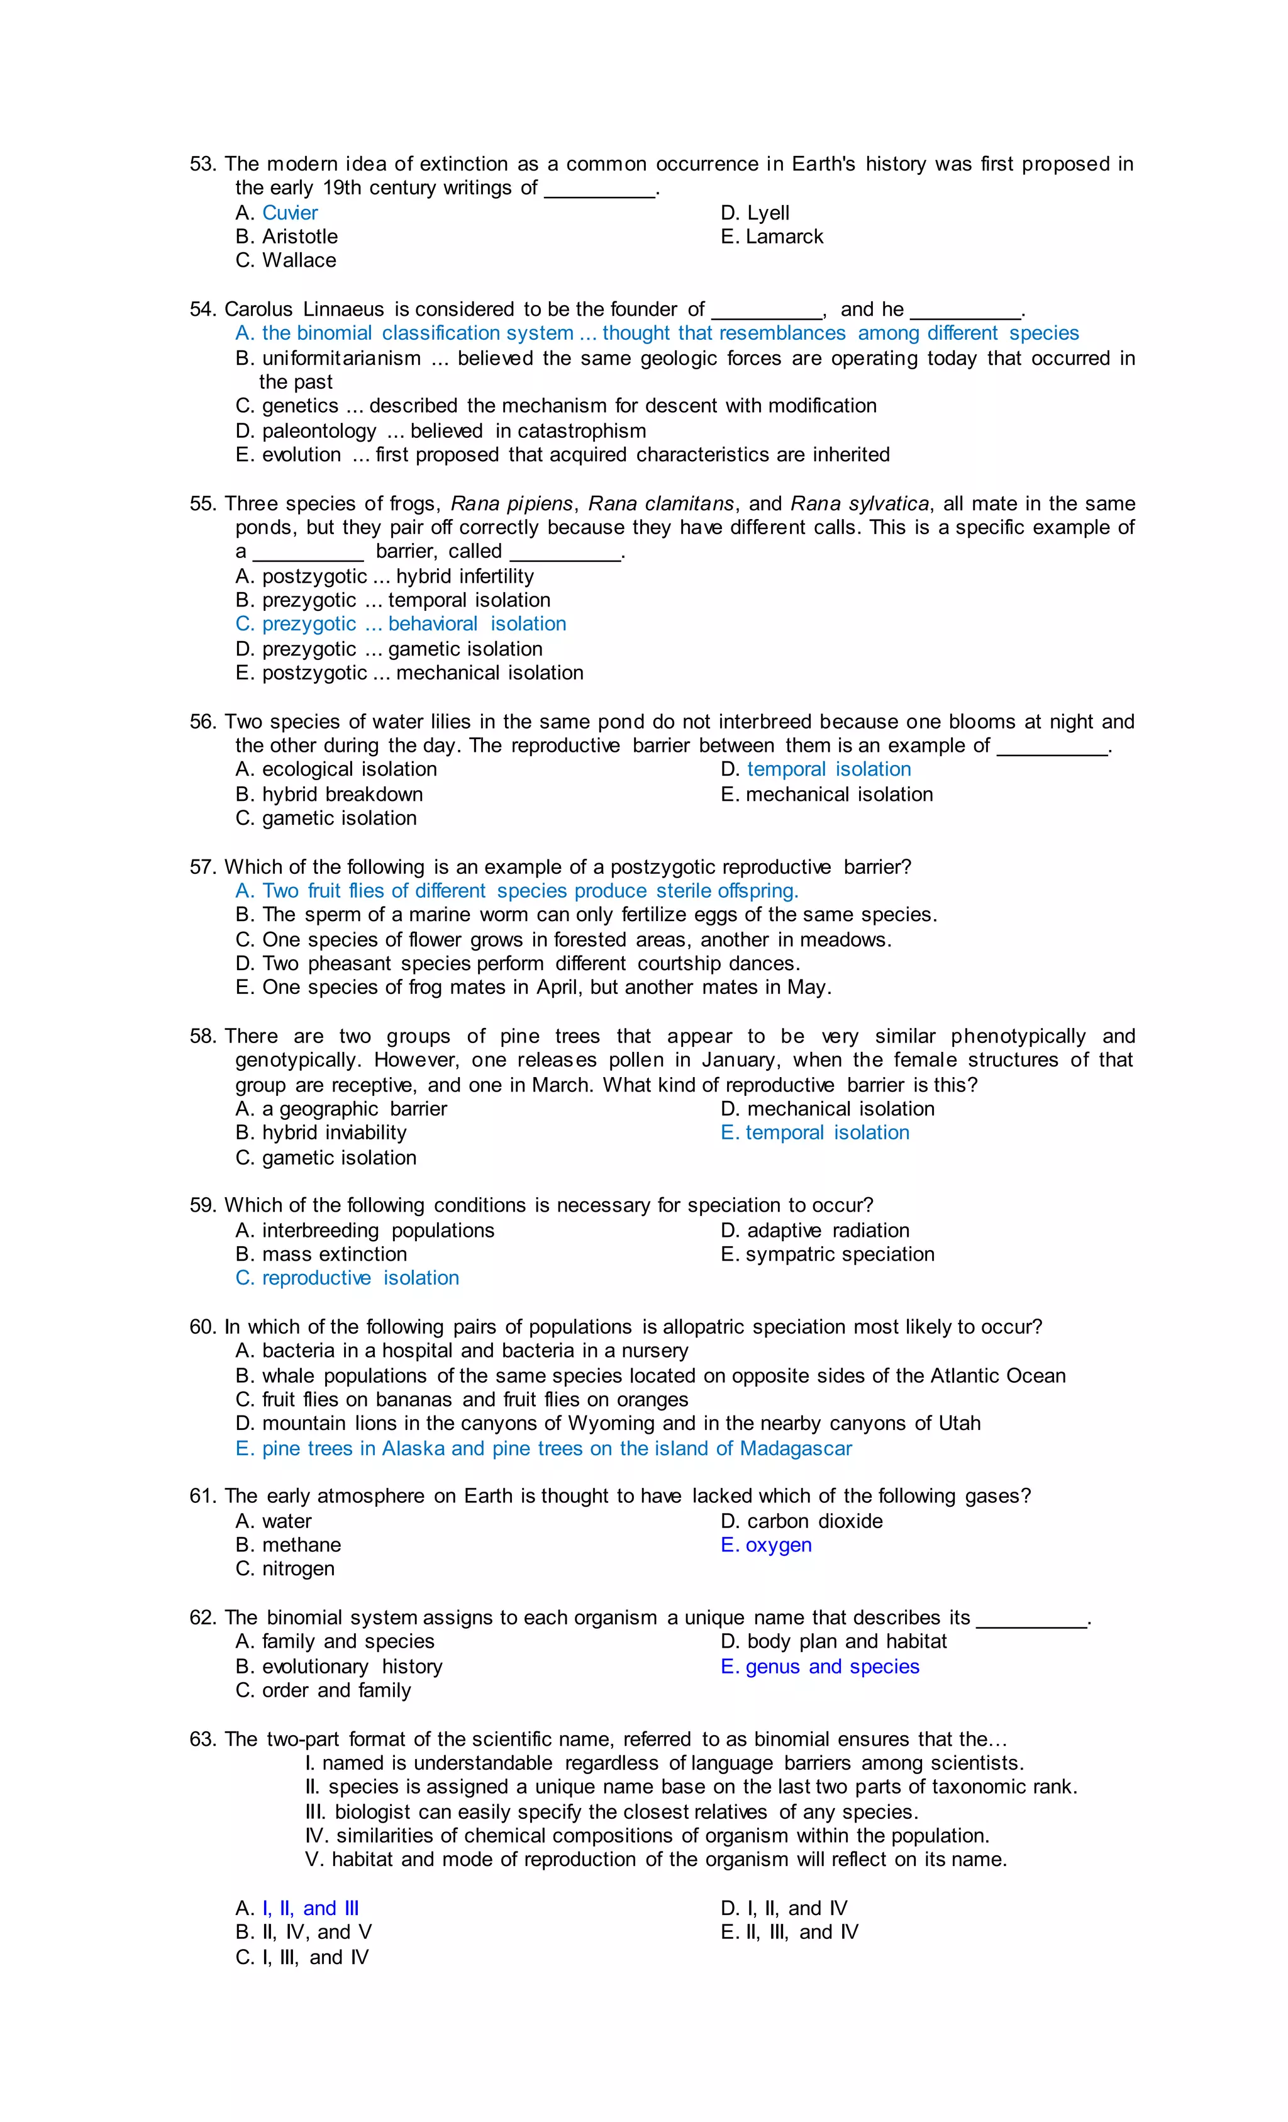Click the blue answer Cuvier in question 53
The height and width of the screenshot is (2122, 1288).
click(289, 213)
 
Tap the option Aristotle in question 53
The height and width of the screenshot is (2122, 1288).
click(299, 237)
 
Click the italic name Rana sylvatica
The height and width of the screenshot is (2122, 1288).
click(859, 504)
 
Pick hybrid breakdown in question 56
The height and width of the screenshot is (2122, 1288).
click(341, 794)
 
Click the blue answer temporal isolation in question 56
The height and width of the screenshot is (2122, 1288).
click(828, 769)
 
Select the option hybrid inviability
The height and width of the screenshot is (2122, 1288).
click(334, 1132)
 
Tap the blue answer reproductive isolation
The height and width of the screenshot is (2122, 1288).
click(360, 1278)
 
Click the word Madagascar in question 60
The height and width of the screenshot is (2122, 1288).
click(795, 1449)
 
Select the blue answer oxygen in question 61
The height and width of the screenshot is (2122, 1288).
click(777, 1545)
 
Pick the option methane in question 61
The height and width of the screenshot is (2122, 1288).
click(301, 1545)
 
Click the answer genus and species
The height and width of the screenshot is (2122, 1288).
click(831, 1667)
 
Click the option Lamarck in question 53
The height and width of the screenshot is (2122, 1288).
click(784, 237)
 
